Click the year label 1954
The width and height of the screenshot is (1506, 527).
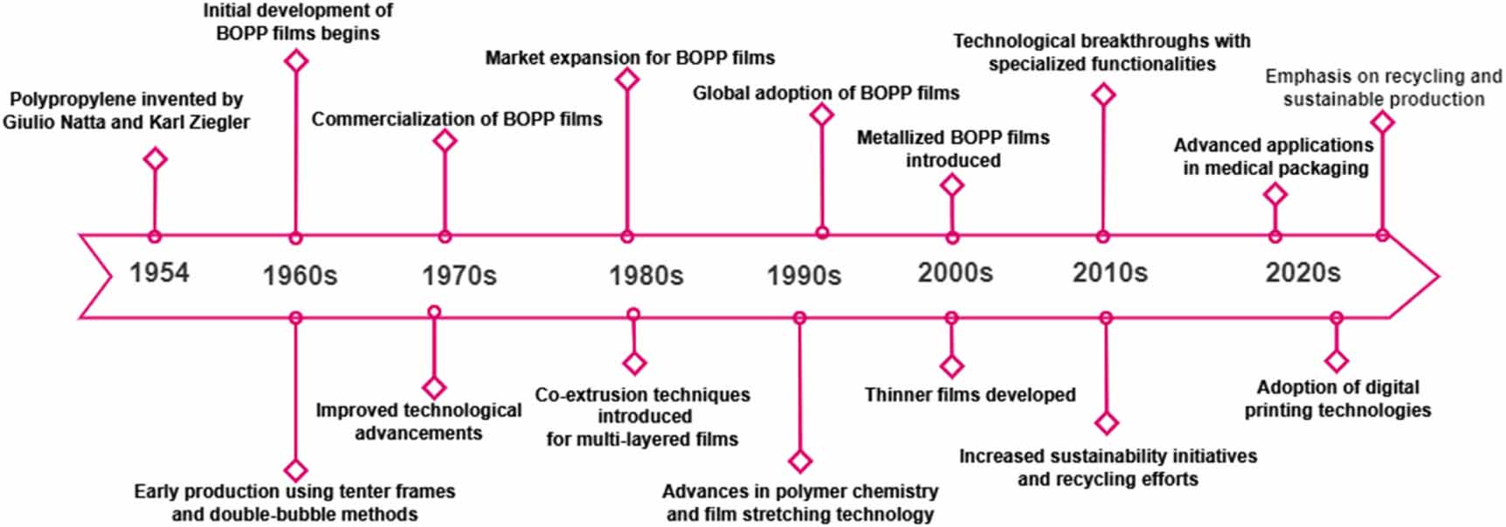click(159, 273)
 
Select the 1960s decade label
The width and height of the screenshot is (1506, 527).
click(300, 276)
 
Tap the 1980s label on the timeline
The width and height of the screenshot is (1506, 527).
click(646, 276)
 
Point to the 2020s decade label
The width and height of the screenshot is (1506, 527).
click(1302, 273)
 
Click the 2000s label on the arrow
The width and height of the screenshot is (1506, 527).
click(955, 273)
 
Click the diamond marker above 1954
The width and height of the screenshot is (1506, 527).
click(155, 159)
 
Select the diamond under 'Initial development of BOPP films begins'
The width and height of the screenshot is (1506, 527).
click(296, 60)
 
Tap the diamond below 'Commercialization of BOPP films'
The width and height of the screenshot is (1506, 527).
click(445, 141)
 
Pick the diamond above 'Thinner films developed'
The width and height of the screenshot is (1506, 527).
click(951, 365)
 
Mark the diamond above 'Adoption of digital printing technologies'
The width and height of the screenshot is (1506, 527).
click(1336, 360)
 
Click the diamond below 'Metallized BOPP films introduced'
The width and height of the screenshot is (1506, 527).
click(952, 184)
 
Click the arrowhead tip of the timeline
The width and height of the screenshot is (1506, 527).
click(1438, 277)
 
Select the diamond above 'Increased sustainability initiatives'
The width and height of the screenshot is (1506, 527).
click(1107, 423)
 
